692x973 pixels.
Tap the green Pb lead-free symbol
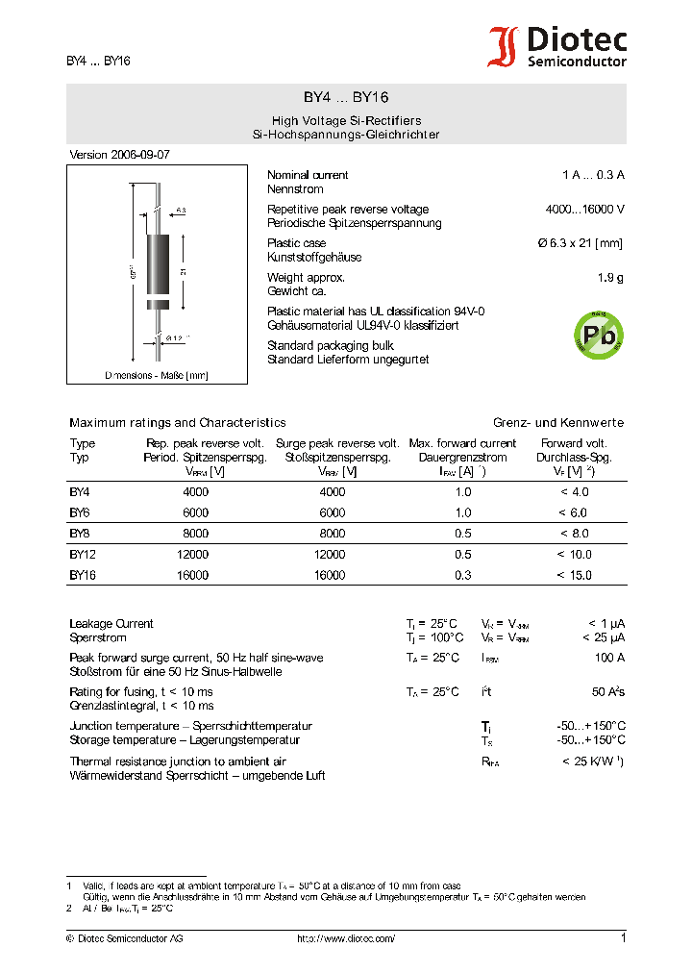coord(598,334)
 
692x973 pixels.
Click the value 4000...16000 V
coord(584,210)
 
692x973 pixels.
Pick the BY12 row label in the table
coord(83,555)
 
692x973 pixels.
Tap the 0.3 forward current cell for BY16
coord(463,575)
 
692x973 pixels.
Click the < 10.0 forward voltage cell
coord(574,555)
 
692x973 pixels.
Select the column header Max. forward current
coord(462,443)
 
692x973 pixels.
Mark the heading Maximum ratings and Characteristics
coord(177,422)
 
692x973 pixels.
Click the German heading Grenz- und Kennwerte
coord(558,422)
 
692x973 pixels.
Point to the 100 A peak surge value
coord(608,658)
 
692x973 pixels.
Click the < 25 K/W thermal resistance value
coord(592,761)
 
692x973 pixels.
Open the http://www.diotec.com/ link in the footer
coord(345,937)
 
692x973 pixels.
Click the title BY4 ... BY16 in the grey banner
coord(346,97)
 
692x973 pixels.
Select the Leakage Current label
coord(111,624)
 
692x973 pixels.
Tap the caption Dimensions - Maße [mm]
coord(156,375)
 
